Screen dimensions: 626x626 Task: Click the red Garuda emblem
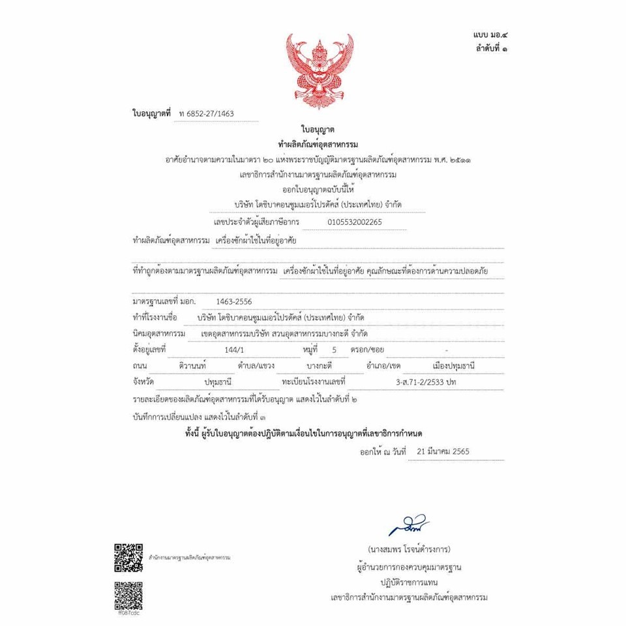(320, 71)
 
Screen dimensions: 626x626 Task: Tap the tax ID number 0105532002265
(355, 222)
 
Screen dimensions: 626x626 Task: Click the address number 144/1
(233, 350)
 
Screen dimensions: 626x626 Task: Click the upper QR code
(128, 556)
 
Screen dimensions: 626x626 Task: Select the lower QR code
(128, 594)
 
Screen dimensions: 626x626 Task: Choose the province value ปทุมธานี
(218, 381)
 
